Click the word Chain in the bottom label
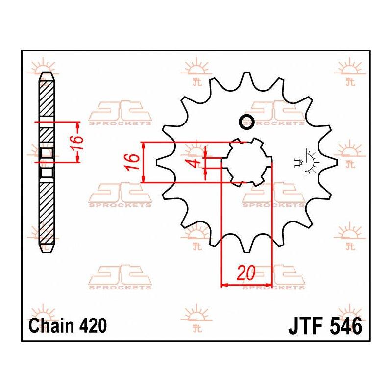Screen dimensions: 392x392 [x=52, y=326]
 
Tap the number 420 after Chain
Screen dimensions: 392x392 [x=93, y=326]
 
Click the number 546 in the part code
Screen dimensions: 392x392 [x=346, y=326]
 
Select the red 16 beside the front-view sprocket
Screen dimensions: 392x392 [x=132, y=162]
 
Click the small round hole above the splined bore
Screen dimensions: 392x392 [x=247, y=122]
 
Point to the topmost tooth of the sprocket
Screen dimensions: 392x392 [x=246, y=77]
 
